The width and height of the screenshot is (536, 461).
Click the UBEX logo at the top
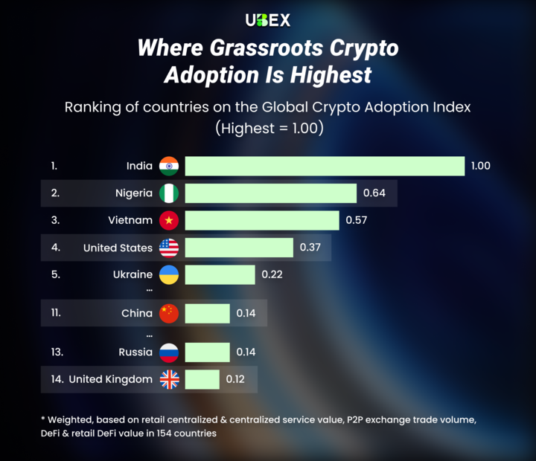(x=267, y=20)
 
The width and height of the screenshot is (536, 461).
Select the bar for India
(x=325, y=166)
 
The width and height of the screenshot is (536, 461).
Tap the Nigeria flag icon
(x=169, y=193)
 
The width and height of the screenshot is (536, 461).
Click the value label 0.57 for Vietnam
(x=355, y=220)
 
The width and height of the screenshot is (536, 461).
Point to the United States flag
(x=169, y=248)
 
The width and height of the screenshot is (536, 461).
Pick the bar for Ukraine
(x=220, y=274)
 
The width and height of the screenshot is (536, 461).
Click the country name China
(x=137, y=313)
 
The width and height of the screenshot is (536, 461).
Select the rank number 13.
(x=57, y=352)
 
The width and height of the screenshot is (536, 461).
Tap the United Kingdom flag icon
(x=169, y=379)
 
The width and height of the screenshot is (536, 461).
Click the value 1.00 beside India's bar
(x=480, y=166)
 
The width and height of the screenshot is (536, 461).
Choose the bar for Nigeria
(x=271, y=193)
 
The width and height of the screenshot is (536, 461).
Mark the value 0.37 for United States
(x=310, y=248)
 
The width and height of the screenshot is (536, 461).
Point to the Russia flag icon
(x=169, y=352)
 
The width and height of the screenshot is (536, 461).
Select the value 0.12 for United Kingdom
(x=235, y=379)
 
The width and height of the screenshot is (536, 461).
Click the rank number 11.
(x=57, y=313)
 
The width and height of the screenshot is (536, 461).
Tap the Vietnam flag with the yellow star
(x=169, y=220)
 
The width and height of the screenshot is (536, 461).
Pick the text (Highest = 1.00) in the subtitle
(x=268, y=128)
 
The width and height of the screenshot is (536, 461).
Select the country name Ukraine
(x=133, y=274)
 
